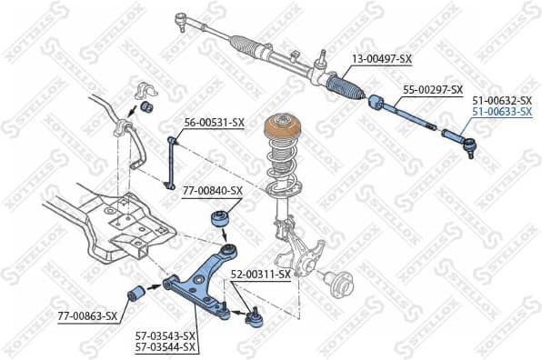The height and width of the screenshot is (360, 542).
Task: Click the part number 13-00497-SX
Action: click(x=382, y=59)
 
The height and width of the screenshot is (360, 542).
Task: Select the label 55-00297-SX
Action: click(x=433, y=90)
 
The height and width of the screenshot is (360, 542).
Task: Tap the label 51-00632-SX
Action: click(x=501, y=100)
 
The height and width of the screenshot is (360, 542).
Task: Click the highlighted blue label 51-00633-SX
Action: click(x=501, y=112)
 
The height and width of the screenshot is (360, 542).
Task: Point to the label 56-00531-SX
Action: click(x=215, y=123)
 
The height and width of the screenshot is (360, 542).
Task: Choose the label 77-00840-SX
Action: click(x=212, y=191)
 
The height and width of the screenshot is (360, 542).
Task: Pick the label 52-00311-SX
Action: click(x=260, y=274)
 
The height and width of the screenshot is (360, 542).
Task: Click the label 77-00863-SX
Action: click(x=87, y=316)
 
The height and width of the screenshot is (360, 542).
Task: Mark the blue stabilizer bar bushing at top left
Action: click(x=145, y=108)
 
